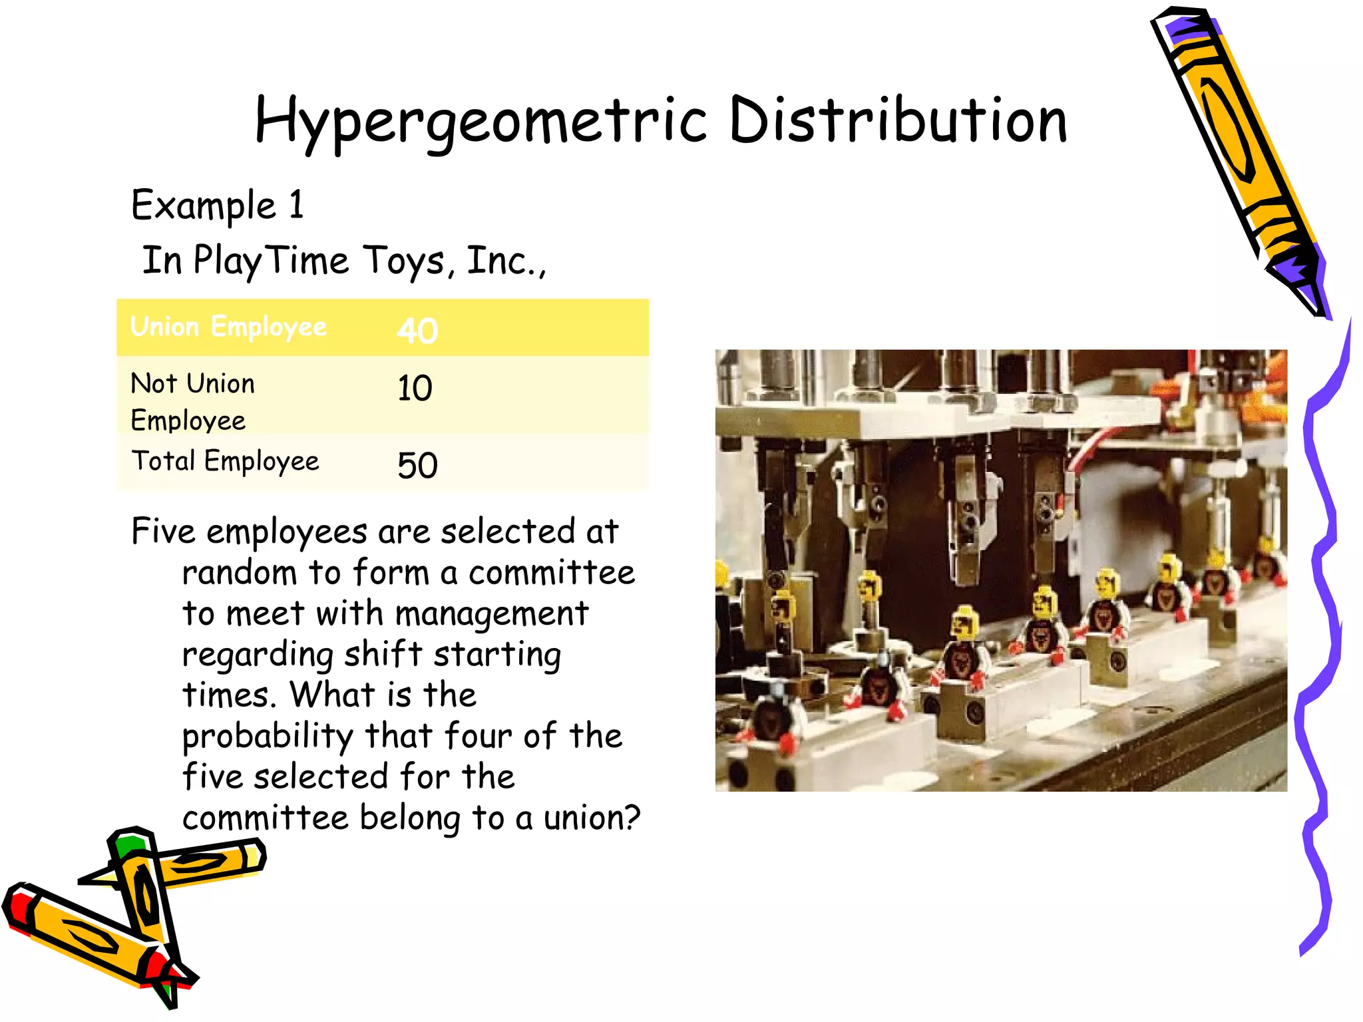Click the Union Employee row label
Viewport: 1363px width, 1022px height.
click(228, 327)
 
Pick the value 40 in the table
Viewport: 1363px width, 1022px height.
click(417, 331)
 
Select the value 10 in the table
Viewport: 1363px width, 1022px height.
click(415, 388)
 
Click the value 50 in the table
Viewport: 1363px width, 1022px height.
click(417, 465)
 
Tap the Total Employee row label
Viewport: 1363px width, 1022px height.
click(225, 461)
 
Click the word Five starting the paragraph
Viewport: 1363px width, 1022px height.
click(164, 532)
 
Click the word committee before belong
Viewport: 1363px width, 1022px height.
click(266, 818)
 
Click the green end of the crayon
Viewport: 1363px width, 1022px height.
click(129, 844)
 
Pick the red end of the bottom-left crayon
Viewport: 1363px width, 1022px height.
click(19, 906)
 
